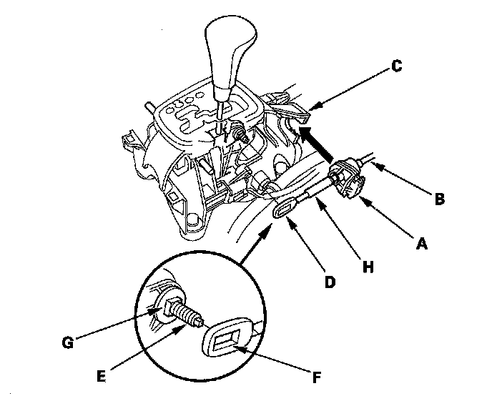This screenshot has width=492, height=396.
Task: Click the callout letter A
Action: coord(421,244)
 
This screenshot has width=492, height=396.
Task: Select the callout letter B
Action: coord(440,199)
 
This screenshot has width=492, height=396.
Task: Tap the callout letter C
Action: coord(397,66)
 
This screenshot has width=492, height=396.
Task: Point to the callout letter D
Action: coord(330,282)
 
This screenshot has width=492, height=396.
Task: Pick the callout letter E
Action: coord(101,376)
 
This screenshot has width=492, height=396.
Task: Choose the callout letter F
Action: coord(317,377)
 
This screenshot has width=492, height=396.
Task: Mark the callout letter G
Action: coord(68,342)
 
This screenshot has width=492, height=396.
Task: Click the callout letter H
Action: coord(368,267)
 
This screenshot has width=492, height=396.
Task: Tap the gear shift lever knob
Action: coord(230,56)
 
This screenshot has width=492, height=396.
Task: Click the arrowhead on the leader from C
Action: coord(314,106)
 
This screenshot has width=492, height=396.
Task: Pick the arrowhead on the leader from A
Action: coord(365,201)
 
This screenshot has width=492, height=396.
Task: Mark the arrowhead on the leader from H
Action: coord(320,203)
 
